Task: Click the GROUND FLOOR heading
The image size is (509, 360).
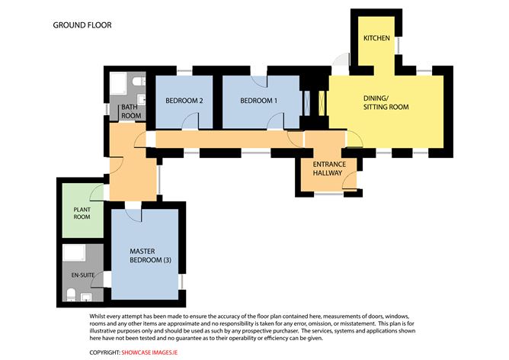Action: click(x=82, y=25)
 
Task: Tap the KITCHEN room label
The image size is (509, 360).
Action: click(x=376, y=38)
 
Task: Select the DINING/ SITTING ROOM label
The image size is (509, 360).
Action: click(x=386, y=103)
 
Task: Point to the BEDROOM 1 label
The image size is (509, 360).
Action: click(x=259, y=101)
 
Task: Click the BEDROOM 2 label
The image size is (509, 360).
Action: click(x=184, y=101)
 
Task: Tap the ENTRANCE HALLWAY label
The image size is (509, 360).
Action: click(x=329, y=169)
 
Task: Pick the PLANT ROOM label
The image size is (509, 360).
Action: click(x=82, y=213)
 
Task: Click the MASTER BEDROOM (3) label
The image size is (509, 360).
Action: click(x=150, y=256)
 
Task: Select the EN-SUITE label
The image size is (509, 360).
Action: click(x=83, y=275)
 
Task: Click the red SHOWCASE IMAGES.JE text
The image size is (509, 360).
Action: click(x=149, y=352)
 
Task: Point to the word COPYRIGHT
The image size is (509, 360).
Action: click(x=105, y=352)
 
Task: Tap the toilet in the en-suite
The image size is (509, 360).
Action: click(x=71, y=295)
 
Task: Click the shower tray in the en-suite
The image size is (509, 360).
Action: click(x=74, y=252)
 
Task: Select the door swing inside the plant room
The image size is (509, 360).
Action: click(x=97, y=191)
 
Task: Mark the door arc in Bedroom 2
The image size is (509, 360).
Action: click(x=190, y=121)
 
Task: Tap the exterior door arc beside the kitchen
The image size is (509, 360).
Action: click(x=341, y=60)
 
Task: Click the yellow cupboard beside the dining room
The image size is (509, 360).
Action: click(x=322, y=104)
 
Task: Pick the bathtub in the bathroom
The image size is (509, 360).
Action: click(x=118, y=84)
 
